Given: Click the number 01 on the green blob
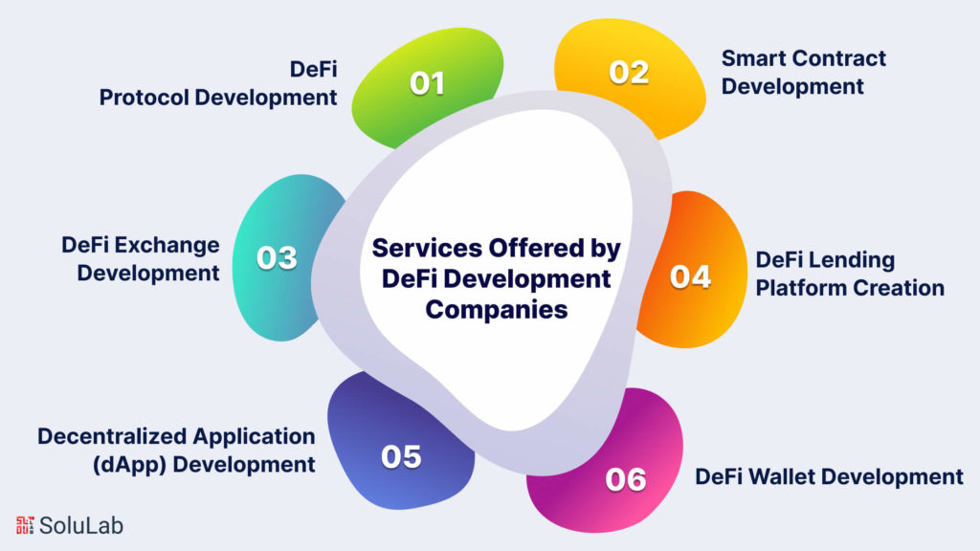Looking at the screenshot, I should tap(428, 84).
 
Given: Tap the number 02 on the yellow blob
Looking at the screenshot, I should tap(629, 73).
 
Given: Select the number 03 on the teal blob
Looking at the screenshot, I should tap(277, 258).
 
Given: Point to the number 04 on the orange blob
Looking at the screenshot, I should tap(690, 276).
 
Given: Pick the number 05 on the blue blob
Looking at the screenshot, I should tap(401, 457).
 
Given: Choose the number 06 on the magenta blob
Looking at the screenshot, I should tap(626, 479).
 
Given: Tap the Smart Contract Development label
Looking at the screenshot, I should tap(804, 72).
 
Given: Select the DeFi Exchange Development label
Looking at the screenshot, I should tap(141, 258).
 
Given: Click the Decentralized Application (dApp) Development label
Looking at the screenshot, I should tap(176, 451).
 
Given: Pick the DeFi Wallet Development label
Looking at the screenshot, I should tap(829, 476).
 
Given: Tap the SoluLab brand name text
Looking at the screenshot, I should tap(81, 525).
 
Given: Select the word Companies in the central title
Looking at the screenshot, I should tap(497, 309).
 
